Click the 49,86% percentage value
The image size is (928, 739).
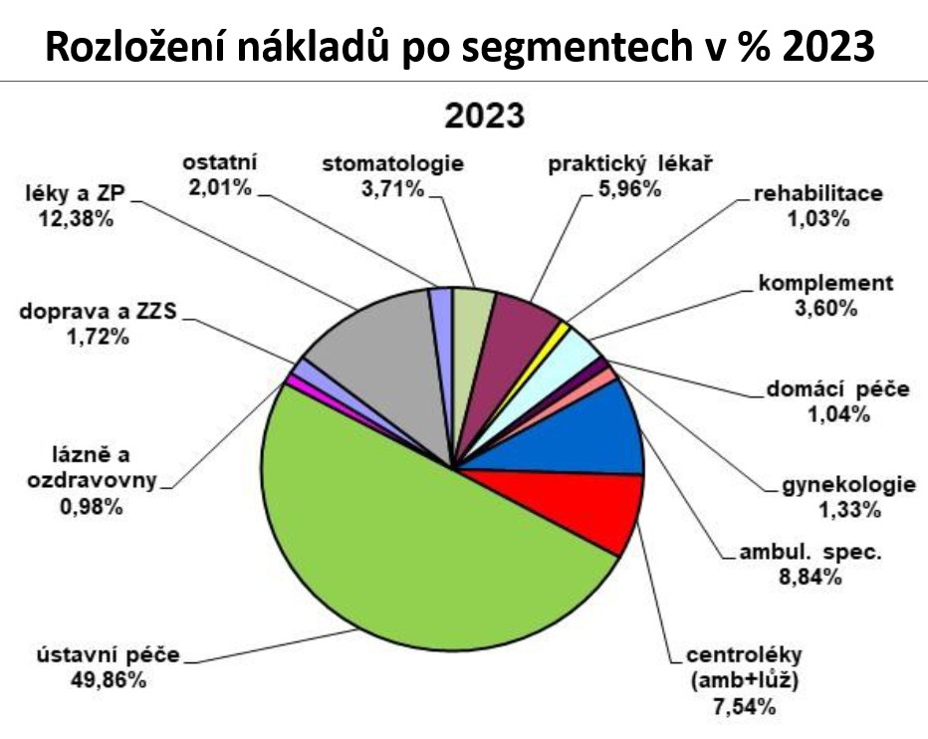coord(109,680)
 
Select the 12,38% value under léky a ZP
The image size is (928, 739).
coord(76,219)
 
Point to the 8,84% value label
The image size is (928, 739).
coord(811,578)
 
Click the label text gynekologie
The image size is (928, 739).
coord(849,485)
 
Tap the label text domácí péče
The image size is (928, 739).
coord(838,389)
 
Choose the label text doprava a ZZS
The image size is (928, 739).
coord(99,312)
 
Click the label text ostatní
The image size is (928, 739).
coord(220,162)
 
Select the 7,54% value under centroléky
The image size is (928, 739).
coord(745,707)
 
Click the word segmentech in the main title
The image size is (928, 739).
coord(577,48)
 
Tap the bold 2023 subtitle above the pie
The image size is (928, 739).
coord(485,116)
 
